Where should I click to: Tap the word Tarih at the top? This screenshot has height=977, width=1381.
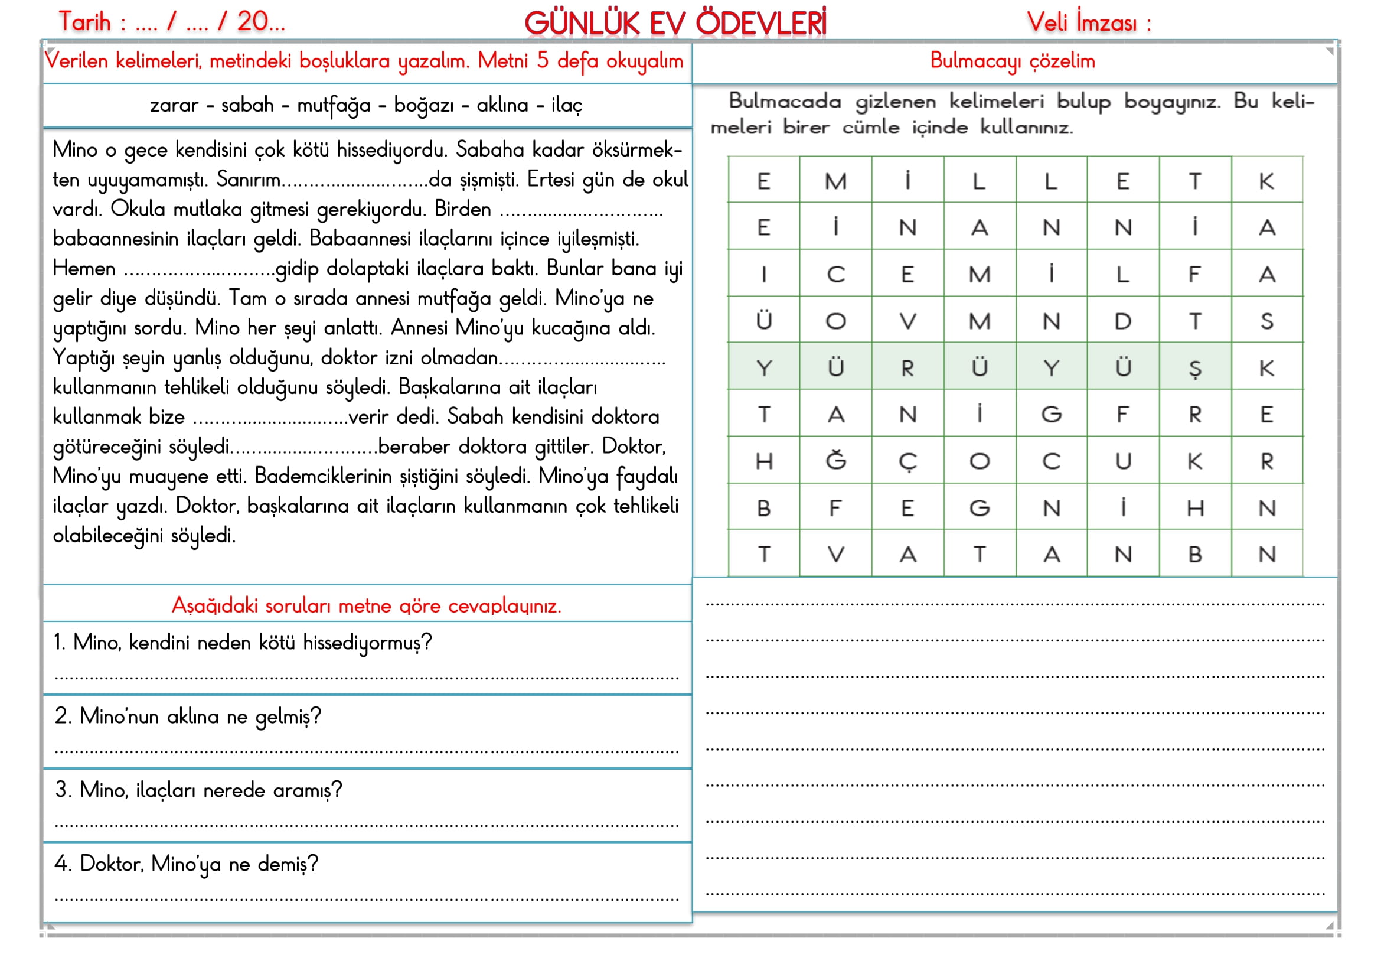coord(85,22)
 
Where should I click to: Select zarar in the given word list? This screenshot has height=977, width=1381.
coord(174,105)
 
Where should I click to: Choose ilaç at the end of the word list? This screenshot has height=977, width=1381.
coord(567,105)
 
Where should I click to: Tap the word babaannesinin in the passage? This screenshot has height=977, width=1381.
coord(116,239)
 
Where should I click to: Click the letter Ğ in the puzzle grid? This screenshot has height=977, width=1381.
coord(835,461)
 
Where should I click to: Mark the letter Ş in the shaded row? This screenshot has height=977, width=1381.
coord(1194,368)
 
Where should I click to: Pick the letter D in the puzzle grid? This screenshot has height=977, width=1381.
coord(1122,322)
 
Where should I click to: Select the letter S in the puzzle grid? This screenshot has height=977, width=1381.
coord(1266,322)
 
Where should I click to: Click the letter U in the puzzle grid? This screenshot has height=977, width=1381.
coord(1122,461)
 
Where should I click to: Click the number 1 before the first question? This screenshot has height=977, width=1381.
coord(58,643)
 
